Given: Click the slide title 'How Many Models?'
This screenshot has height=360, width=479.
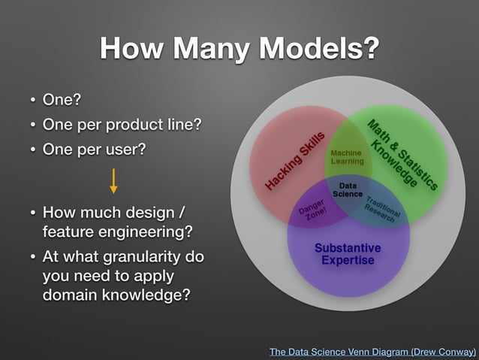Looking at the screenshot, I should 239,48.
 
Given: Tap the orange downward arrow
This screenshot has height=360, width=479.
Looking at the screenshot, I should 113,181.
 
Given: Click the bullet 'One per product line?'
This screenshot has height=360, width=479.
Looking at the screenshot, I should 122,125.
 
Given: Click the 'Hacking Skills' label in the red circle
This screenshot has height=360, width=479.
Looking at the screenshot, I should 294,160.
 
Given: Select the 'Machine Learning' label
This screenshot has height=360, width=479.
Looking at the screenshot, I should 347,156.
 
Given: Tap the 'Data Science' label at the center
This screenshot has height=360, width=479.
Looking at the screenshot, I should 348,189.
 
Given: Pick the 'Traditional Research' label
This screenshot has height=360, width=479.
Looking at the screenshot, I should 384,211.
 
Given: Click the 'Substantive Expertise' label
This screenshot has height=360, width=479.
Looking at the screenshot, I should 348,254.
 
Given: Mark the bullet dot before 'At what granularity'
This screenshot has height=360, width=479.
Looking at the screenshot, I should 33,257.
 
